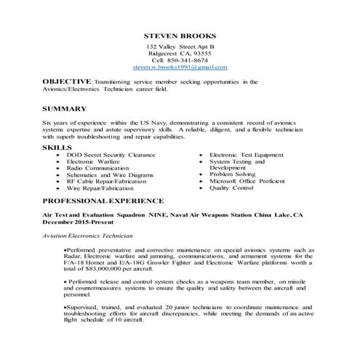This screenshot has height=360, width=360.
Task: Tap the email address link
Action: (180, 67)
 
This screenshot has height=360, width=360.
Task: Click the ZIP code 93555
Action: (200, 53)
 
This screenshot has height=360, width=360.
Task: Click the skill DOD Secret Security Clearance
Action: (111, 155)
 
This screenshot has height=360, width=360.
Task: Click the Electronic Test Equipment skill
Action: (246, 155)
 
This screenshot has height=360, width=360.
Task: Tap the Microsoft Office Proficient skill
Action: (247, 180)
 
